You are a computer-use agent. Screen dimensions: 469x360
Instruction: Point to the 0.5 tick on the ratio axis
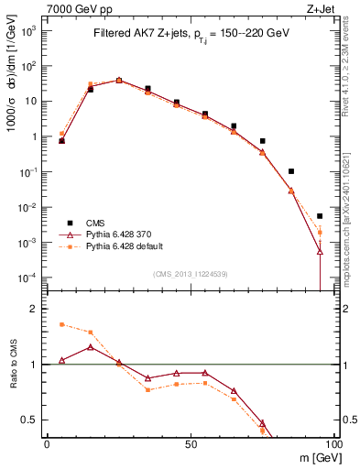click(x=30, y=420)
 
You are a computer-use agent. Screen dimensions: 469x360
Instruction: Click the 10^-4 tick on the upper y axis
click(x=28, y=278)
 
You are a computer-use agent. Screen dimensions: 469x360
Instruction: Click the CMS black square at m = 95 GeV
click(x=320, y=216)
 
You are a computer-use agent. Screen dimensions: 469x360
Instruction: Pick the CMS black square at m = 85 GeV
click(x=291, y=171)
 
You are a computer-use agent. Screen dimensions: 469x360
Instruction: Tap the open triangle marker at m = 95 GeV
click(x=320, y=251)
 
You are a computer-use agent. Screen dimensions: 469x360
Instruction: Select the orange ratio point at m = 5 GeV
click(x=61, y=324)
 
